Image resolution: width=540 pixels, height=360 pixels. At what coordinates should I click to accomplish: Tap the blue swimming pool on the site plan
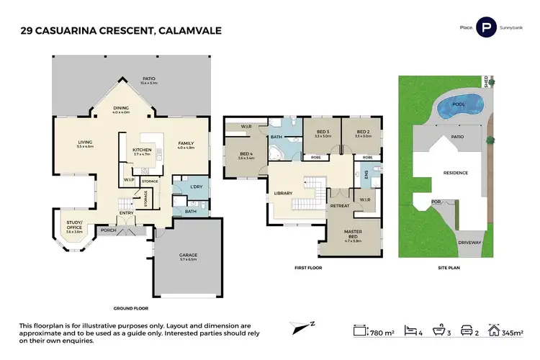tap(457, 109)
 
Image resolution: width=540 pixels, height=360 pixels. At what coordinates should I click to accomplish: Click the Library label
tap(282, 193)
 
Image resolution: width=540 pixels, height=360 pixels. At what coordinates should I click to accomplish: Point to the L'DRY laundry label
tap(194, 187)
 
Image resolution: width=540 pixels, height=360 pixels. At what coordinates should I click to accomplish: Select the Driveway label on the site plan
tap(469, 243)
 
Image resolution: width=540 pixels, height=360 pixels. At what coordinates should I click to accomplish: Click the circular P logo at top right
tap(487, 28)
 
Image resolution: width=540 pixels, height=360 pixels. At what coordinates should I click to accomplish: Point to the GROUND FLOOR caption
tap(130, 307)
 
